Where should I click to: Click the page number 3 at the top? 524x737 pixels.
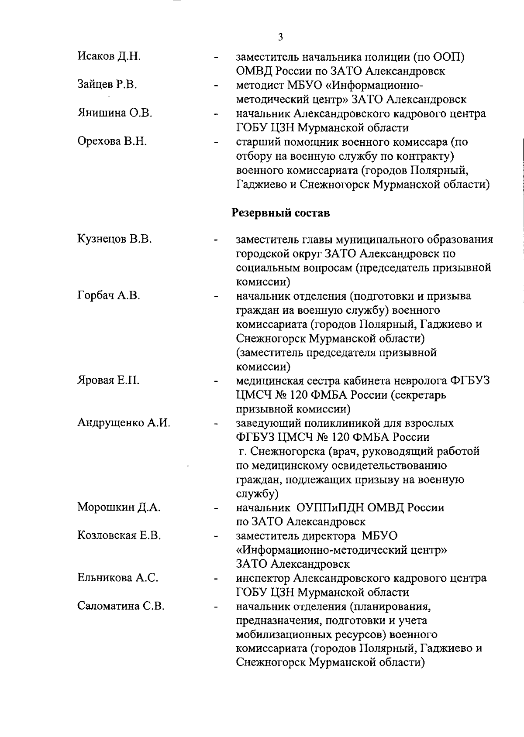tap(280, 37)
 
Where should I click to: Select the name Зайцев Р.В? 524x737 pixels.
tap(107, 85)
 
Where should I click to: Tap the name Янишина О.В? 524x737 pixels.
tap(114, 113)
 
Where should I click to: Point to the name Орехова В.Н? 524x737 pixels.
tap(112, 141)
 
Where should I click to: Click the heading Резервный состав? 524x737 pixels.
tap(280, 213)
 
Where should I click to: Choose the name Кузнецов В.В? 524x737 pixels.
tap(114, 239)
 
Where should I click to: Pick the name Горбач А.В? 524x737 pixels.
tap(108, 295)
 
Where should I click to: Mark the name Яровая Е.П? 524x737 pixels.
tap(108, 380)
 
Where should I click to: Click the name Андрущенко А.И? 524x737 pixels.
tap(124, 422)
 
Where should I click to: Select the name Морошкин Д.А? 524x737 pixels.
tap(119, 507)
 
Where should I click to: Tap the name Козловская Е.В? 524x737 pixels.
tap(119, 535)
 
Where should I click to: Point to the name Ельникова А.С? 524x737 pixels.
tap(117, 578)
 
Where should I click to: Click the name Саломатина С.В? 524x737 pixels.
tap(121, 606)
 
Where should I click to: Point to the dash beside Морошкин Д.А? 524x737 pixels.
tap(216, 508)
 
